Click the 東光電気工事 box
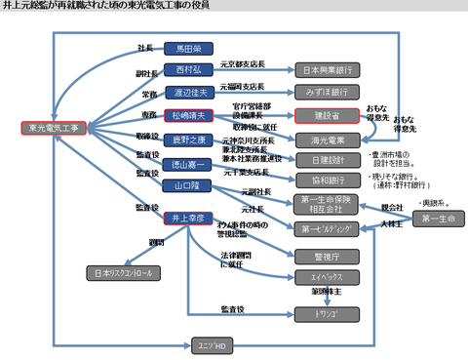coord(55,128)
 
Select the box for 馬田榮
coord(188,49)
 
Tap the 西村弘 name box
coord(188,70)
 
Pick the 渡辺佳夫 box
coord(188,93)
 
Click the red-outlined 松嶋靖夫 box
coord(188,115)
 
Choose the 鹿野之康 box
coord(188,139)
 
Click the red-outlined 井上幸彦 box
coord(188,217)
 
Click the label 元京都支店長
coord(243,64)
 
